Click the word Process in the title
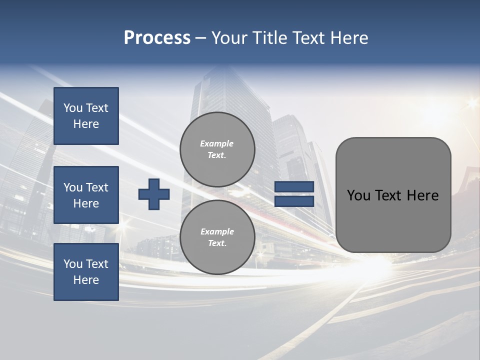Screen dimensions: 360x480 point(157,38)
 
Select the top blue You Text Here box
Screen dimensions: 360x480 point(86,116)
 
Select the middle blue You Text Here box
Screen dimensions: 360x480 point(86,195)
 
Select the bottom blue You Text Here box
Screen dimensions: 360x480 point(86,272)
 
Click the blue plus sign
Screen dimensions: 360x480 point(154,194)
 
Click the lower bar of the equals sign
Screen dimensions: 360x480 point(294,201)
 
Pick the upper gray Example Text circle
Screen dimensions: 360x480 point(217,149)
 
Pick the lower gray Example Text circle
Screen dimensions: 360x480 point(217,237)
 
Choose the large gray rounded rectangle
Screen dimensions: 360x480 point(393,220)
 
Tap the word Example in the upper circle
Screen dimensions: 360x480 point(216,143)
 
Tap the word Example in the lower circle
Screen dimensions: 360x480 point(217,231)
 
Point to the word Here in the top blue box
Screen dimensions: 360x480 point(86,124)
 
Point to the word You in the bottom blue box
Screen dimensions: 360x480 point(73,264)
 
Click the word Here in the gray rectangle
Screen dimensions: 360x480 point(422,195)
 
